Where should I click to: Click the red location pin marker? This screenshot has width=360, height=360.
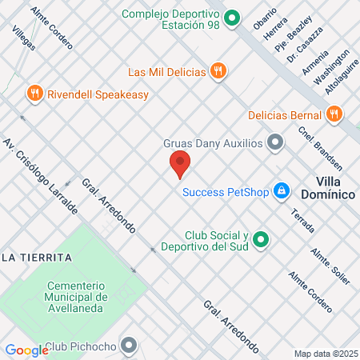[180, 164]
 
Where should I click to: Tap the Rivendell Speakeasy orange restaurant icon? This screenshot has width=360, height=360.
[34, 94]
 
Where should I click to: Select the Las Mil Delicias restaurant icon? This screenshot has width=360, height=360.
[218, 70]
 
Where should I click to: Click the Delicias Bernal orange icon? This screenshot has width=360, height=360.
[334, 114]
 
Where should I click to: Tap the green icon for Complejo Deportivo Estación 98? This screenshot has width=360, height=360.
[232, 17]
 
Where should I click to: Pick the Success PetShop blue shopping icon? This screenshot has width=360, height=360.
[281, 191]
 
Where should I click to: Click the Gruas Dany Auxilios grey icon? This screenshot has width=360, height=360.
[276, 143]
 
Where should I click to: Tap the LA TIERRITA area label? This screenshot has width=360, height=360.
[37, 257]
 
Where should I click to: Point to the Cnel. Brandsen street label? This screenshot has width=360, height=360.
[320, 149]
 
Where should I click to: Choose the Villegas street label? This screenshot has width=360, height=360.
[24, 35]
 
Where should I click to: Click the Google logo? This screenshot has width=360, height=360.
[26, 350]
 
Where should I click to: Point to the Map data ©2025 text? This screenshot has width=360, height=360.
[324, 354]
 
